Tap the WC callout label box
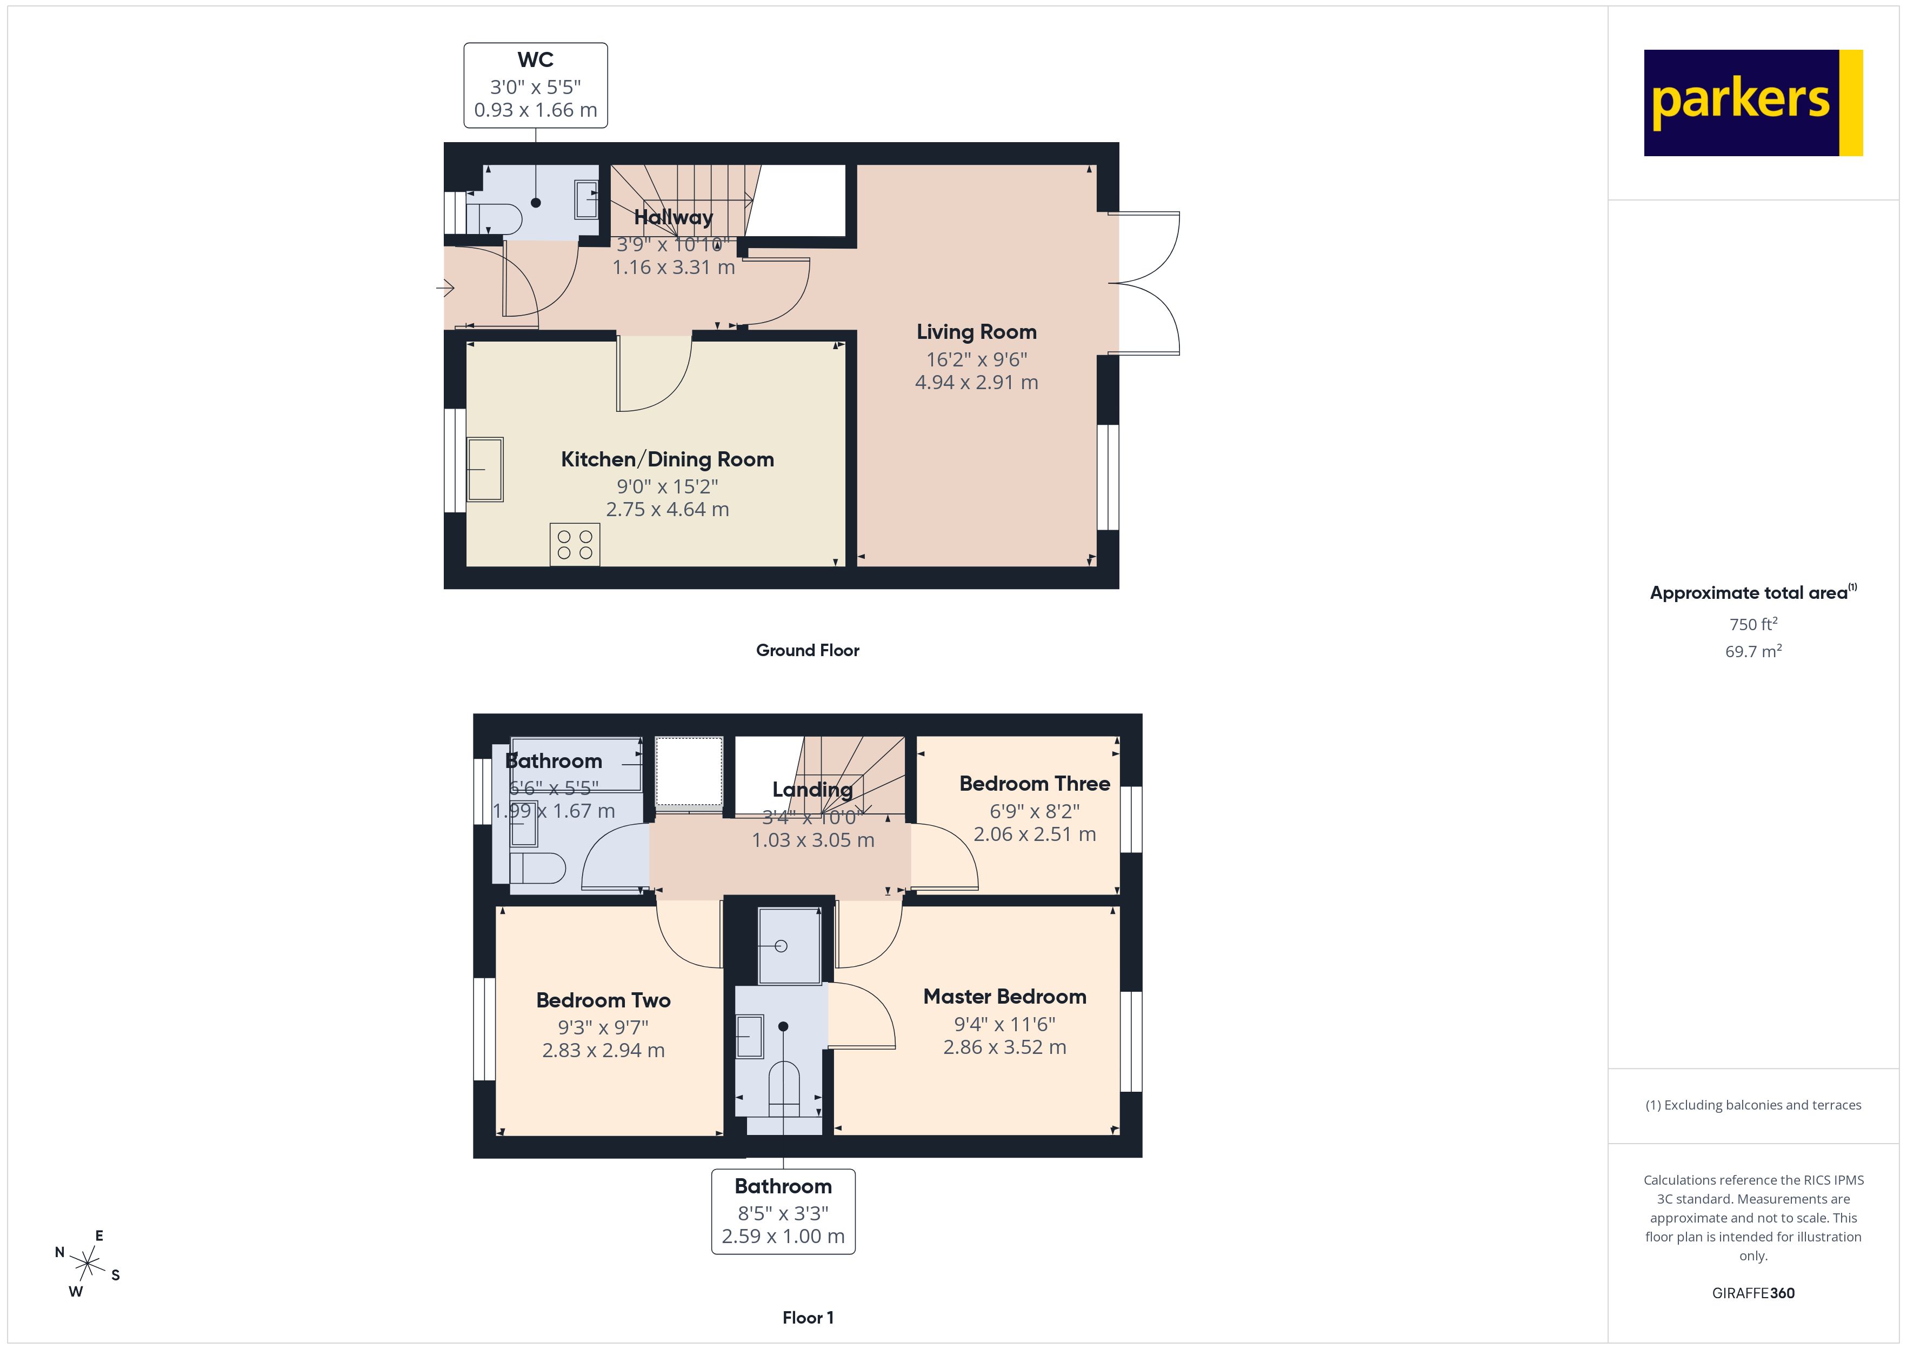click(x=535, y=85)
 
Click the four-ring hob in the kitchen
click(x=575, y=545)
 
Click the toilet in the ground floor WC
click(x=495, y=218)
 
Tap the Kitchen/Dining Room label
click(x=667, y=459)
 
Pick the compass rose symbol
click(x=86, y=1264)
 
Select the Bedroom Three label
click(x=1034, y=783)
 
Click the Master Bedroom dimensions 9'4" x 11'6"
click(x=1004, y=1024)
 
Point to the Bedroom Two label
click(x=603, y=1000)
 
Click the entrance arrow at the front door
click(x=445, y=288)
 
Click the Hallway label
click(x=673, y=218)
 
